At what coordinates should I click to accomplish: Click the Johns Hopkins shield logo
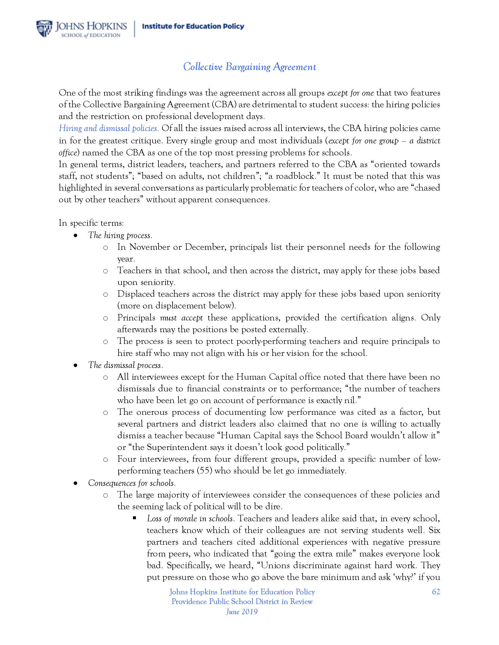44,29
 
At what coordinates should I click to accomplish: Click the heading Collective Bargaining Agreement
249,67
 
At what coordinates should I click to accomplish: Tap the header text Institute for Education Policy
193,27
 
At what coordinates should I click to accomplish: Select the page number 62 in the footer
436,592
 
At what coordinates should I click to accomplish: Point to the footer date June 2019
242,612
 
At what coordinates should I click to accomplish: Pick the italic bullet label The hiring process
120,235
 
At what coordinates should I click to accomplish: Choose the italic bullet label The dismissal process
125,365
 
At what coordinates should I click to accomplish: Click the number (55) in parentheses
205,471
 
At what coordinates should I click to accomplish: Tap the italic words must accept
181,318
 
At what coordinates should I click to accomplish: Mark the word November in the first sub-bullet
149,247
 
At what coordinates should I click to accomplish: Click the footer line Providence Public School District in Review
242,602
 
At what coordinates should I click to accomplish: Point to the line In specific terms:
91,223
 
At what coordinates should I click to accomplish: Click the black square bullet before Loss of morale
134,518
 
